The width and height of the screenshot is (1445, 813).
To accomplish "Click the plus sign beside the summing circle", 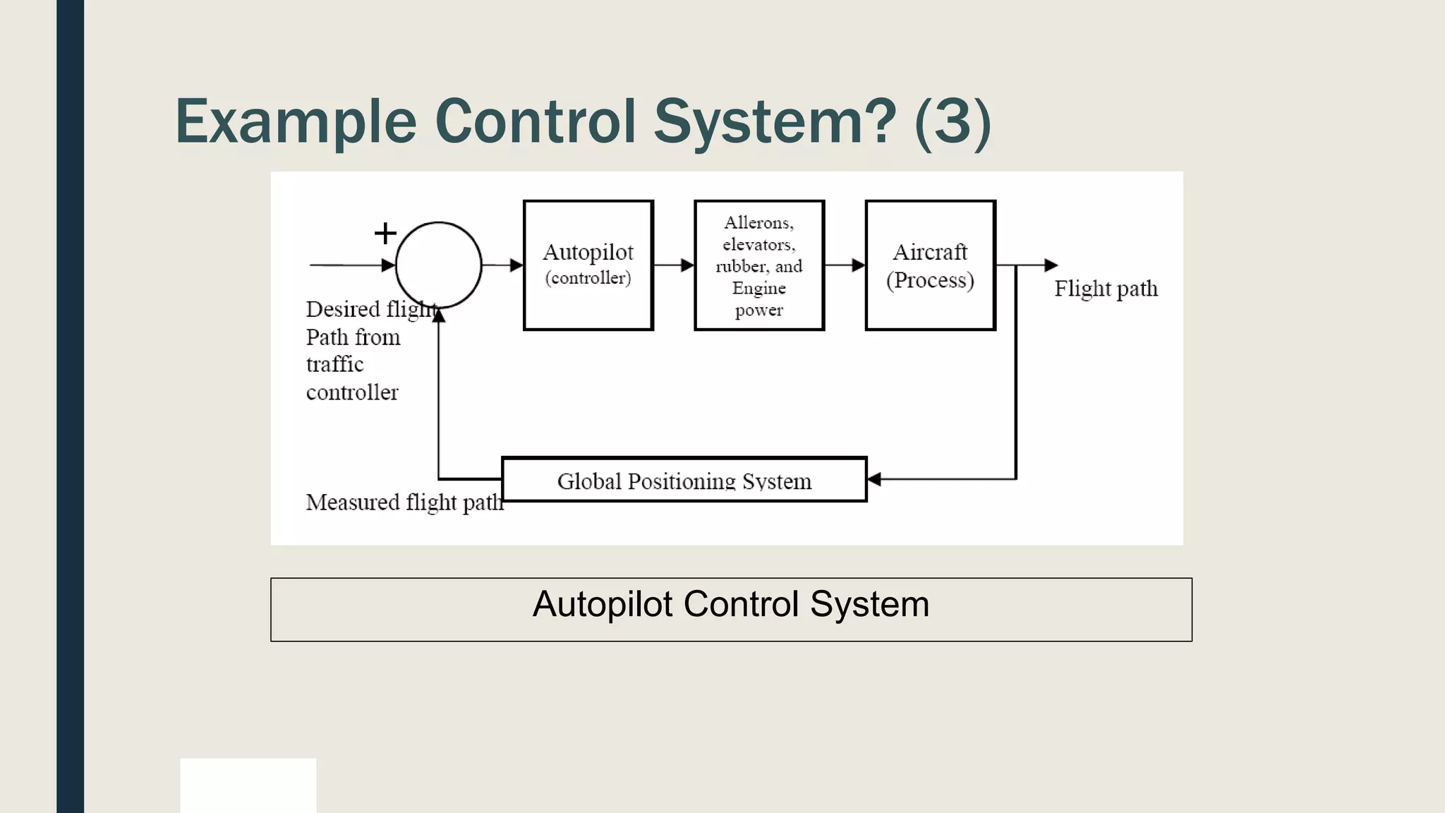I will click(x=385, y=233).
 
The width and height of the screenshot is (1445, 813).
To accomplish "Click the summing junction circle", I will click(x=438, y=265).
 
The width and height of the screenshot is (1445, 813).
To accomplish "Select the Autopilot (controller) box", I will click(x=588, y=265).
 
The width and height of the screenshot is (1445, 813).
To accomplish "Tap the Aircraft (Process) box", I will click(x=930, y=265).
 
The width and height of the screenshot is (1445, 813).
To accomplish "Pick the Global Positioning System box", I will click(x=684, y=480).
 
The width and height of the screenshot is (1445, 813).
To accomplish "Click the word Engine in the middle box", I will click(x=758, y=288).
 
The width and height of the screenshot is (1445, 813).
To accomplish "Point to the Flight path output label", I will click(x=1106, y=289).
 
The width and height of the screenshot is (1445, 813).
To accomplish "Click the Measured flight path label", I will click(x=404, y=502).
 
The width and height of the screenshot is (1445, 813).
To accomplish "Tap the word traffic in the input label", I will click(x=334, y=364).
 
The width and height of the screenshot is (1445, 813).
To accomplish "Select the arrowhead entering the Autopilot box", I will click(x=516, y=265).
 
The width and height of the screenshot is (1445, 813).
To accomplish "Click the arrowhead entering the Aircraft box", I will click(x=858, y=265).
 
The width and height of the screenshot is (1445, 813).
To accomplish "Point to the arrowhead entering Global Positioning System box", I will click(x=874, y=479).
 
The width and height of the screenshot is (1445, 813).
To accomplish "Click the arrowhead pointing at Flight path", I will click(x=1051, y=265).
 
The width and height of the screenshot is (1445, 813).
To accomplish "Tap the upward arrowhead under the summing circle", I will click(x=439, y=315).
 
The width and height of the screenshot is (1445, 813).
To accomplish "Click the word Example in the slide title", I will click(x=296, y=121).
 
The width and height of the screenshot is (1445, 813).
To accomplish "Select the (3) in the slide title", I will click(x=953, y=121).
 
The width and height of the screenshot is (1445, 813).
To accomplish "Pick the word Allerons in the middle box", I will click(x=758, y=223).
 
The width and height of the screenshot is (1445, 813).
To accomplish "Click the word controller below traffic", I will click(x=352, y=392).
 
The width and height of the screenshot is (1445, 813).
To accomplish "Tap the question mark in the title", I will click(x=879, y=121).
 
